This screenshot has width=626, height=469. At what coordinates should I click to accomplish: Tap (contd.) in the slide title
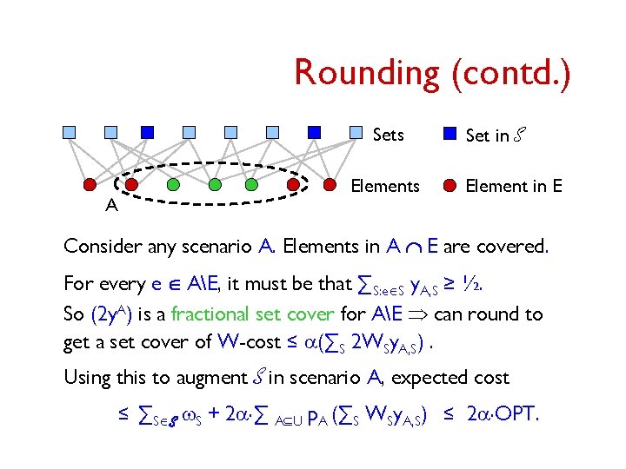[x=511, y=72]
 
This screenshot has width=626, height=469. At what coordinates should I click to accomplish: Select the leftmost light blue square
[x=69, y=133]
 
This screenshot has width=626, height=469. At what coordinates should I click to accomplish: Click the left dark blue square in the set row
[x=148, y=133]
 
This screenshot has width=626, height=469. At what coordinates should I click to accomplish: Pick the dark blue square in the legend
[x=450, y=134]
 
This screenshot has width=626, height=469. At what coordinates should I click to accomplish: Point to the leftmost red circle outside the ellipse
[x=90, y=185]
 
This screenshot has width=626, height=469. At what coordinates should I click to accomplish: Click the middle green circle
[x=212, y=185]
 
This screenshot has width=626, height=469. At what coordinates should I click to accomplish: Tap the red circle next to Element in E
[x=450, y=185]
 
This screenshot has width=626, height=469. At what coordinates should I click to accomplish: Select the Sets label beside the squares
[x=388, y=135]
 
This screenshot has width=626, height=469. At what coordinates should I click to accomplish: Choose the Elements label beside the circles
[x=384, y=186]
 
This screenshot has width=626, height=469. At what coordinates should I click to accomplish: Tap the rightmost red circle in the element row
[x=330, y=185]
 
